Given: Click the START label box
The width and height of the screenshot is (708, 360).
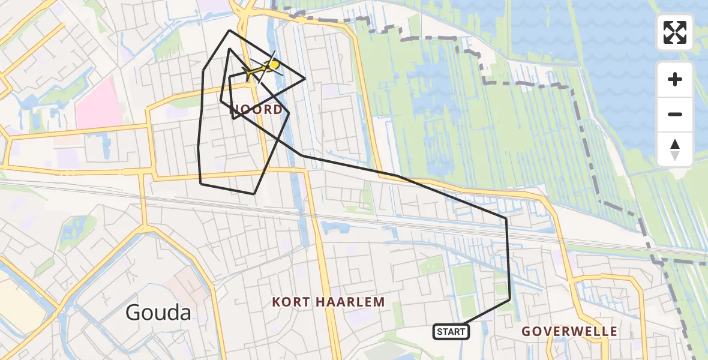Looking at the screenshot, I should (451, 331).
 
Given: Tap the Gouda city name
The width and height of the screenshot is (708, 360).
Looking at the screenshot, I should (158, 313).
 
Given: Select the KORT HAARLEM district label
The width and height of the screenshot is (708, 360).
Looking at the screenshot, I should (328, 302).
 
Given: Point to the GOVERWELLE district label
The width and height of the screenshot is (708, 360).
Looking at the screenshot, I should (569, 331).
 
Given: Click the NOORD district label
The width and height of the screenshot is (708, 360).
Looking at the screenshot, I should (256, 109).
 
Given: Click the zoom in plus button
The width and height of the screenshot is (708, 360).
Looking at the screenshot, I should (675, 79).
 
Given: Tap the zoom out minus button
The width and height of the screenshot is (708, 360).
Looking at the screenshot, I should (675, 114).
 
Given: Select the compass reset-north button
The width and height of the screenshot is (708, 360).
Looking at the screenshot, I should (675, 149).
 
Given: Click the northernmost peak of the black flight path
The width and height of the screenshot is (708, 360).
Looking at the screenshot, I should (229, 30).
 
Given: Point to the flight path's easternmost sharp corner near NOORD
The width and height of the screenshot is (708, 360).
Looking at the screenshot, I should (305, 79).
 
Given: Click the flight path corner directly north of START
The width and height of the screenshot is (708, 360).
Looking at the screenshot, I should (510, 299).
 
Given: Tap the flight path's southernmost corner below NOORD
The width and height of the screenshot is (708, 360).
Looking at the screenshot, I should (254, 194).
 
